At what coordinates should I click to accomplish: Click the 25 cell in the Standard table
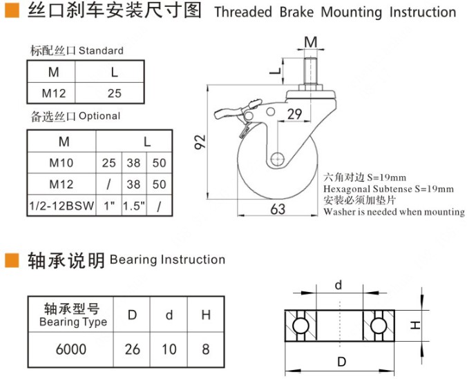115,93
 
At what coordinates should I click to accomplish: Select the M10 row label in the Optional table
61,163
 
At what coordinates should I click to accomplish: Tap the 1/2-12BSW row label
61,206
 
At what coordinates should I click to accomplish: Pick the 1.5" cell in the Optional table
134,206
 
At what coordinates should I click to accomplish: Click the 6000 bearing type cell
71,349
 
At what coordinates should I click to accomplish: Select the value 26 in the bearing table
132,349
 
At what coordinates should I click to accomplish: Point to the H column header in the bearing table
206,315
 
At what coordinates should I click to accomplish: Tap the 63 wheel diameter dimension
278,209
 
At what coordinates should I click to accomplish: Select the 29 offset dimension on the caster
294,114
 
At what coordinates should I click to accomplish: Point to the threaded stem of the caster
310,71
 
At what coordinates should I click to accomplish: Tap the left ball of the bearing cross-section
301,325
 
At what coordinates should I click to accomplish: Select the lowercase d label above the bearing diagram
339,285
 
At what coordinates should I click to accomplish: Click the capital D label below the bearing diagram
341,362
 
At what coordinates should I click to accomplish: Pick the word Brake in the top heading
296,12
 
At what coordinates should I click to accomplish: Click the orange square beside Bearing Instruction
12,260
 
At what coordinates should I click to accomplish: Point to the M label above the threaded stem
311,42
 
